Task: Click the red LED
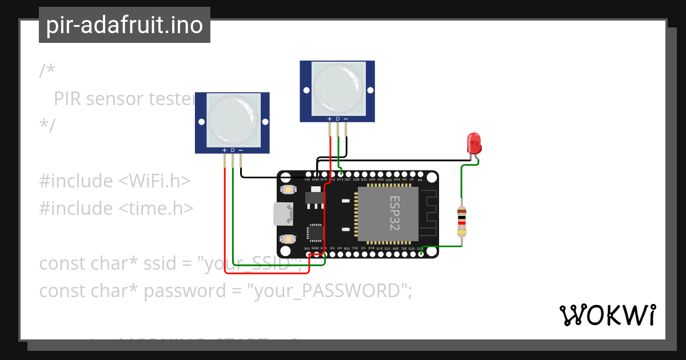pos(474,142)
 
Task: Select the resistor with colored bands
pos(462,222)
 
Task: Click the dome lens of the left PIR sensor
pos(232,119)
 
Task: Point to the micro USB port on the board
pos(283,214)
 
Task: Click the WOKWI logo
pos(607,315)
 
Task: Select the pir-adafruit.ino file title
pos(125,25)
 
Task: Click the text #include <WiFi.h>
pos(114,181)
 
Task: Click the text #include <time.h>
pos(116,208)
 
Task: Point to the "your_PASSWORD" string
pos(329,291)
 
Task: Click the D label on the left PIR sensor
pos(232,150)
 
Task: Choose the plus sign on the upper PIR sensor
pos(329,119)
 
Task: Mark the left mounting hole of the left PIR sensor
pos(201,122)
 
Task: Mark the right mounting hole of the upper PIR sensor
pos(370,90)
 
